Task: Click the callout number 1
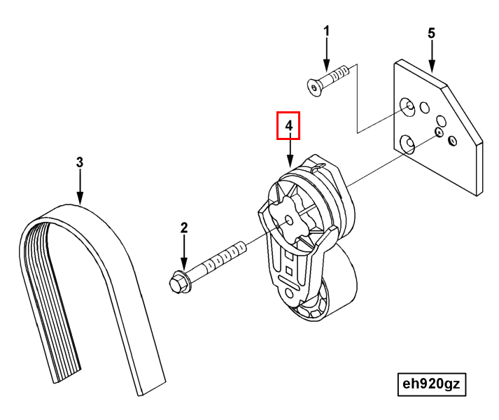tap(327, 31)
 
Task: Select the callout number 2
tap(184, 228)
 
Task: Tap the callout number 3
tap(80, 162)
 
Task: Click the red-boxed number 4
tap(288, 125)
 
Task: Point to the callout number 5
tap(431, 33)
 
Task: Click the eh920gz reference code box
tap(432, 384)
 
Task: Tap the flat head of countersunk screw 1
tap(314, 87)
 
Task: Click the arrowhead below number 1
tap(327, 66)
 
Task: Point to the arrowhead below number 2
tap(184, 264)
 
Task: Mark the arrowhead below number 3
tap(80, 197)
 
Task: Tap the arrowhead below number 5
tap(432, 66)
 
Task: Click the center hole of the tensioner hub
tap(289, 220)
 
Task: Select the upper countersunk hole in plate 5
tap(407, 106)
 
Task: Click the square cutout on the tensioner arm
tap(289, 271)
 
